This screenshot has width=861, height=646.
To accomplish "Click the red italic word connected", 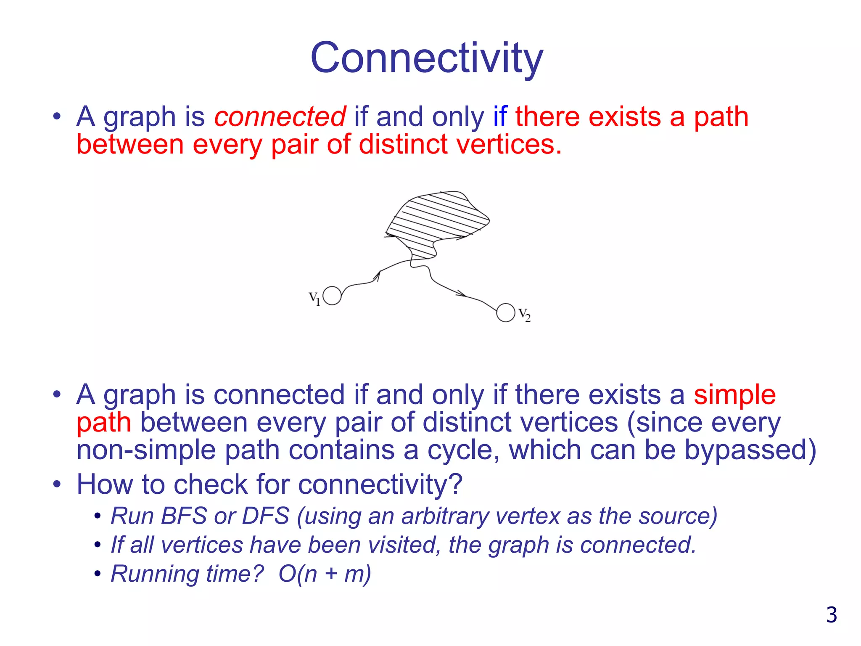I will click(x=280, y=116).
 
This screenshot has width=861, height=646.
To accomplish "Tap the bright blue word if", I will click(x=500, y=116).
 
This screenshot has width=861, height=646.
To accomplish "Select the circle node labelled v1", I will click(x=332, y=296).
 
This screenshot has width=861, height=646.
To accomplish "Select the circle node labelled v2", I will click(x=505, y=312).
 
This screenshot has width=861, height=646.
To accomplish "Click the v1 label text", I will click(x=314, y=298).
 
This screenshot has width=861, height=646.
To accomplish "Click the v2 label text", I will click(x=524, y=314).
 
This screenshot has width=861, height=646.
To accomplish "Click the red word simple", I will click(x=734, y=395).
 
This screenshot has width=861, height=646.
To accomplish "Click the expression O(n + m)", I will click(x=325, y=574).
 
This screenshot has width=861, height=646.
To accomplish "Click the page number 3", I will click(x=831, y=615).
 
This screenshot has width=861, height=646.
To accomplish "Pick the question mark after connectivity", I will click(x=456, y=484).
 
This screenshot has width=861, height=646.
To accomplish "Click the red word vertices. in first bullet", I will click(x=509, y=144).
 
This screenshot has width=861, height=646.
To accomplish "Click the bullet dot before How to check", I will click(x=57, y=484).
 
